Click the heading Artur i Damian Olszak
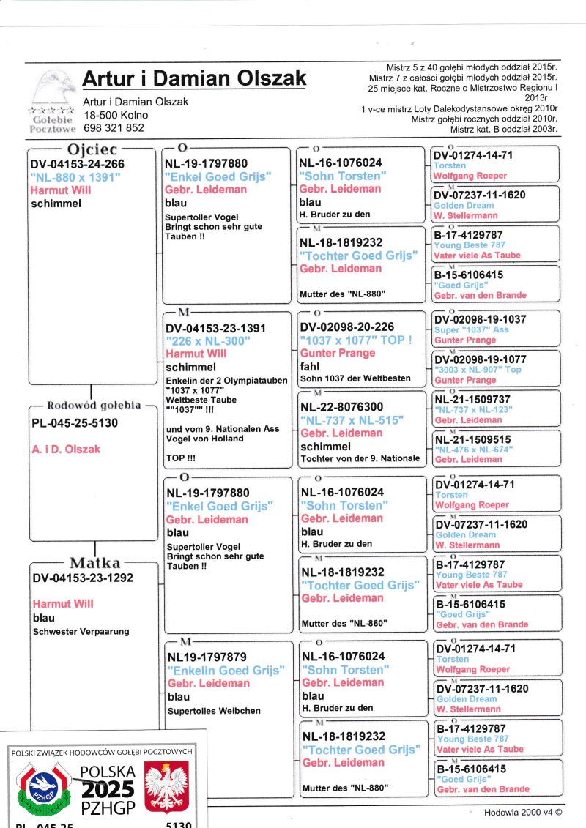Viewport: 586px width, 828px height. [194, 79]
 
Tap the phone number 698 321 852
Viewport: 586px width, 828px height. [114, 127]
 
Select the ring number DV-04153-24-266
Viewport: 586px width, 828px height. [77, 165]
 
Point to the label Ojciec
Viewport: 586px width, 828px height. [92, 149]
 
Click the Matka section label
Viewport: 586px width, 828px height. [94, 563]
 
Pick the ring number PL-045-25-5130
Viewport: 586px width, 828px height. [75, 423]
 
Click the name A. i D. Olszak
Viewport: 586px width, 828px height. [66, 449]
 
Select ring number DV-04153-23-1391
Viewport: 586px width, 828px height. [216, 329]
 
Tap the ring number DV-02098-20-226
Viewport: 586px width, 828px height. [346, 327]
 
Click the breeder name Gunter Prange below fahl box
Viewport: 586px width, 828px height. [337, 353]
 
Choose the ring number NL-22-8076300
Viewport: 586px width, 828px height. [342, 407]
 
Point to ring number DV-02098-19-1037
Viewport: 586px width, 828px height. [480, 319]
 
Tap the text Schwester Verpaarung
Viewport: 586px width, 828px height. [81, 632]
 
